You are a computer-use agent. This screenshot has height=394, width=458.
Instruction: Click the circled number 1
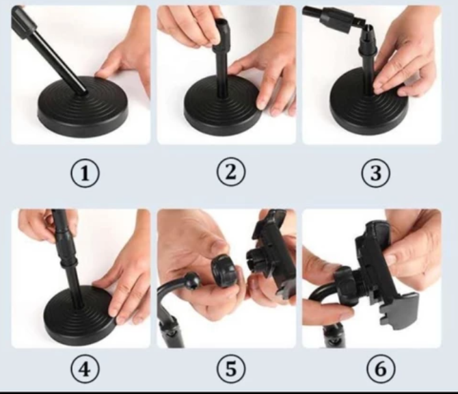pyautogui.click(x=85, y=173)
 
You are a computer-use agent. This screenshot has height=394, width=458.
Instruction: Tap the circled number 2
pyautogui.click(x=231, y=172)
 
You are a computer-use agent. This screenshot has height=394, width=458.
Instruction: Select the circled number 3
pyautogui.click(x=376, y=173)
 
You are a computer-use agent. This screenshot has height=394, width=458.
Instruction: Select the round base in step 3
pyautogui.click(x=368, y=103)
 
